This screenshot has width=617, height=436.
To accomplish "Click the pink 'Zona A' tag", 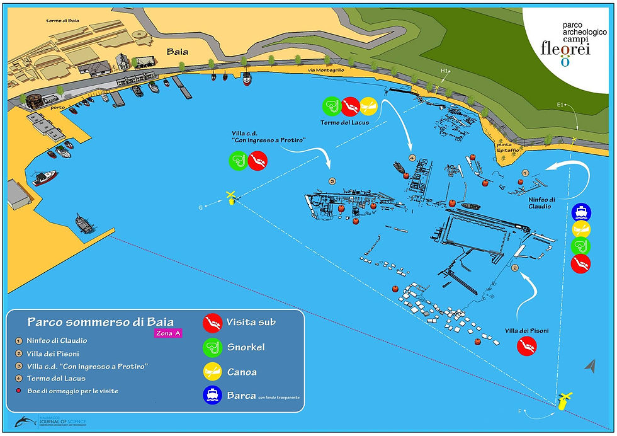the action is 168,333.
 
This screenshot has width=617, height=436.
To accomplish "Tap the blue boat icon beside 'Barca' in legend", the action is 212,394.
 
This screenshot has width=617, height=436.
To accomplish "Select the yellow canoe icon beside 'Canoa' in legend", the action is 212,371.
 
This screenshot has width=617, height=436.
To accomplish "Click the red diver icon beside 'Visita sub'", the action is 212,323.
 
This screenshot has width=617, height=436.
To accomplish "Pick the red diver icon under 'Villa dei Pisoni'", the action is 526,346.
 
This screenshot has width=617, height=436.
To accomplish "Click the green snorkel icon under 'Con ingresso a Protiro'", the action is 238,161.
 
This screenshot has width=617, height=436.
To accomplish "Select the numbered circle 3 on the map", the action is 332,181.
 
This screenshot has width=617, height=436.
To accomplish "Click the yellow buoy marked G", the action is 231,198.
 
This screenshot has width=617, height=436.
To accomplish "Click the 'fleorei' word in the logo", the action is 565,49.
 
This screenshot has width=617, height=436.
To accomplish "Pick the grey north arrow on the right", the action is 590,365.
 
